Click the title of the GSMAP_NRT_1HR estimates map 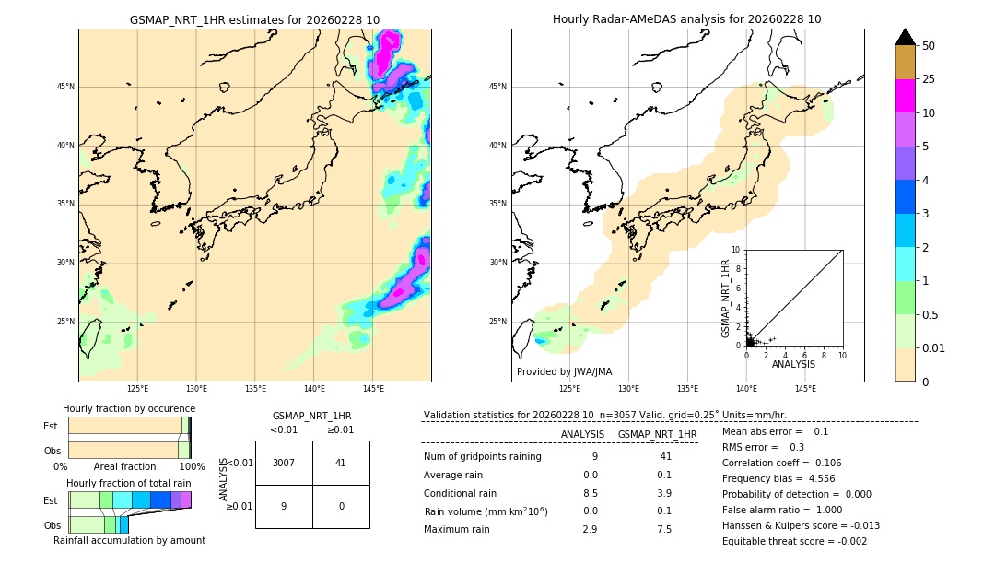(254, 19)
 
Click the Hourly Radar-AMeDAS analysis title (686, 19)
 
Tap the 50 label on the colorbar (929, 46)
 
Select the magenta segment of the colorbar (905, 96)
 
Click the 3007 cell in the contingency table (284, 463)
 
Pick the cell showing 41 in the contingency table (340, 463)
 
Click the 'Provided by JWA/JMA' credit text (564, 371)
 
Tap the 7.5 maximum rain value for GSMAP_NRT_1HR (664, 529)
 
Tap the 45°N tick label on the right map (497, 87)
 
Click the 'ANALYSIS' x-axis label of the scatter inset (793, 364)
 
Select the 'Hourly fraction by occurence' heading (129, 408)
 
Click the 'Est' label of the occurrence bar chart (51, 426)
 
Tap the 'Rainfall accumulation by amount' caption (129, 540)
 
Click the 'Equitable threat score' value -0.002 (847, 541)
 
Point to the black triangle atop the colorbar (905, 37)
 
